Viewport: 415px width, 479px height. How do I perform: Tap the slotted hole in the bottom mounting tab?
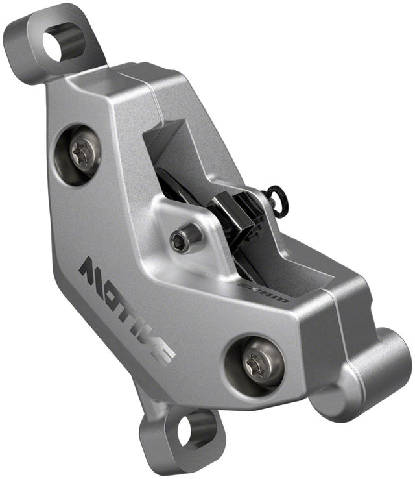[186, 431]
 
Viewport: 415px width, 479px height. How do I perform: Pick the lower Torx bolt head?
[255, 361]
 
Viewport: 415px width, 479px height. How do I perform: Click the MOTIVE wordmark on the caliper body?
[126, 309]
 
